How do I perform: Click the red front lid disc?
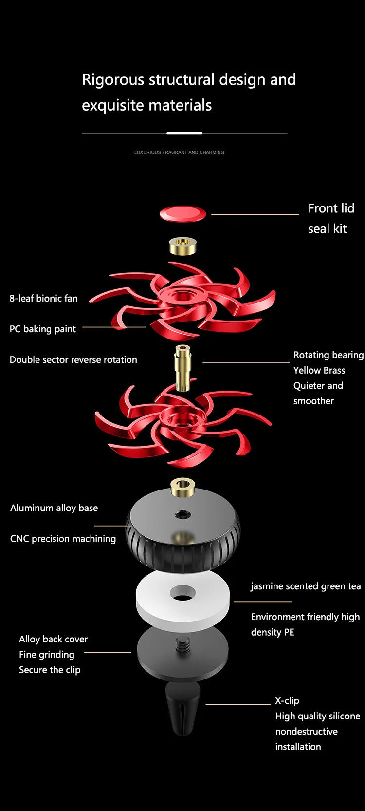pos(182,213)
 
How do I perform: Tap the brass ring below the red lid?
pos(182,246)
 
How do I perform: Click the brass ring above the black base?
pos(182,487)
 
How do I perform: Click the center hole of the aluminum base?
pos(183,514)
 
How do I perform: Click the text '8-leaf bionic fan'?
pos(43,298)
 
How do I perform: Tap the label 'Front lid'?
pos(331,208)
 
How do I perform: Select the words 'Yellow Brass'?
pos(319,370)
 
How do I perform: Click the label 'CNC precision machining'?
pos(63,539)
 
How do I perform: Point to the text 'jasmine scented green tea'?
pos(306,586)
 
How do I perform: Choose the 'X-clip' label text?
pos(287,701)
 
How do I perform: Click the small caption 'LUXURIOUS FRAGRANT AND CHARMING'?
pos(179,152)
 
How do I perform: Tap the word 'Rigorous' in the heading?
pos(113,79)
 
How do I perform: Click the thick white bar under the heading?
pos(184,133)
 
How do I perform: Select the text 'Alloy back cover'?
pos(53,639)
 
